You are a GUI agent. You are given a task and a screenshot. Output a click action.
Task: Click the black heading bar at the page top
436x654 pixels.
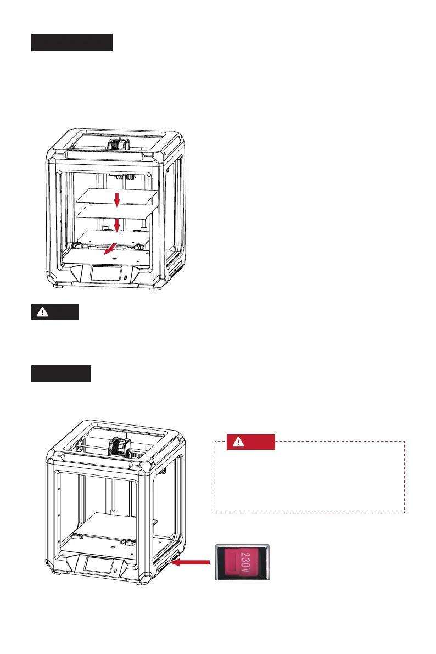71,42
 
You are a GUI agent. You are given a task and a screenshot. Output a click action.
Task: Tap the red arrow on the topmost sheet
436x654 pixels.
116,200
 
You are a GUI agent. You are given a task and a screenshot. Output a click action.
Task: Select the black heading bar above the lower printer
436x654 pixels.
60,374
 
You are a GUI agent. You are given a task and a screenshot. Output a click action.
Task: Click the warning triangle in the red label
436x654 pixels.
239,443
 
